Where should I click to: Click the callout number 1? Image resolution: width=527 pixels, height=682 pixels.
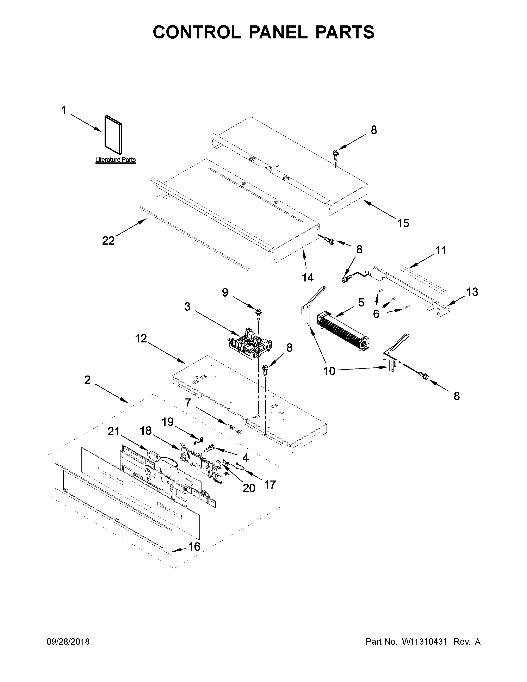[64, 111]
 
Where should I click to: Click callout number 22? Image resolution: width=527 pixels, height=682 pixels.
[108, 240]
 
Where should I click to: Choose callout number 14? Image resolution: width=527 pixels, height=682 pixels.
[308, 277]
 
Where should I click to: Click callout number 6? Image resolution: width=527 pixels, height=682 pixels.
[376, 314]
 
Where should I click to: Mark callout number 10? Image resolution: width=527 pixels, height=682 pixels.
[329, 371]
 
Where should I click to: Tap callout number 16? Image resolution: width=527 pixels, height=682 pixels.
[194, 546]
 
